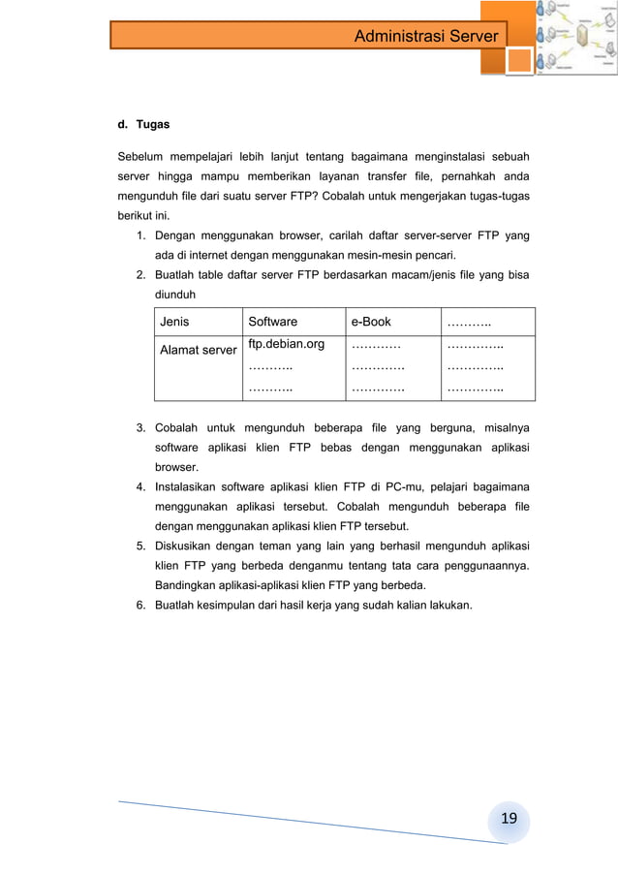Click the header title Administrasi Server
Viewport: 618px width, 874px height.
click(425, 37)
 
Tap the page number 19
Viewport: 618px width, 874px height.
click(509, 820)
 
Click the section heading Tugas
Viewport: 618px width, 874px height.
click(153, 125)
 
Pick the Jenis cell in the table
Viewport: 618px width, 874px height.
click(175, 322)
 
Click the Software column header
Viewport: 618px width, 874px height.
click(273, 322)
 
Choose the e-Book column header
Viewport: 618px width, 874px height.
click(371, 322)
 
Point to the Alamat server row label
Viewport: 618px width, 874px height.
click(199, 350)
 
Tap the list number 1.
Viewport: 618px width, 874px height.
click(140, 235)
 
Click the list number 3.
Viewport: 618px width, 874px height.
click(140, 427)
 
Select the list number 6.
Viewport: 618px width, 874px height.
click(140, 605)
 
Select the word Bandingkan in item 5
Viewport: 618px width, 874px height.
click(190, 585)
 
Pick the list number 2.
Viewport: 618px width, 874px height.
click(140, 275)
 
